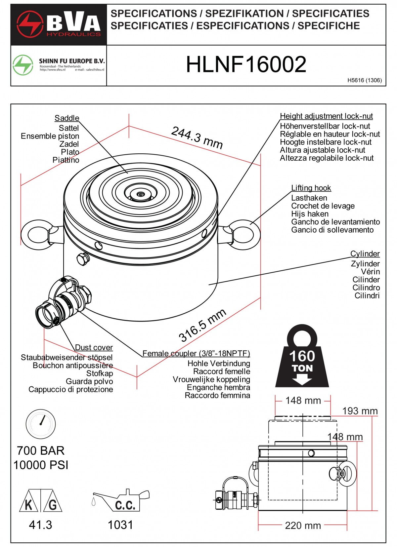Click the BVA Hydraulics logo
(x=59, y=24)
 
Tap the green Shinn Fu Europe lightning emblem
(x=23, y=65)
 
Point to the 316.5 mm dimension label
(x=202, y=325)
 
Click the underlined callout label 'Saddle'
(x=67, y=118)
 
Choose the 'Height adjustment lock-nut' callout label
(x=326, y=116)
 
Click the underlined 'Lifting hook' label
(x=311, y=188)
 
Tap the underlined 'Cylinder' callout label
(x=365, y=254)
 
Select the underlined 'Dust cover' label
(x=94, y=347)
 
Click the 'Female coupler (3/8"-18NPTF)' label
(x=196, y=353)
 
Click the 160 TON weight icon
(x=302, y=357)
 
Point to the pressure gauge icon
(x=41, y=424)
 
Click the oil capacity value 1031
(x=120, y=525)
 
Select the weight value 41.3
(x=40, y=525)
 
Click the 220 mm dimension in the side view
(x=303, y=526)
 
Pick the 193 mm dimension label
(x=360, y=411)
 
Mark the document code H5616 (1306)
(x=365, y=80)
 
